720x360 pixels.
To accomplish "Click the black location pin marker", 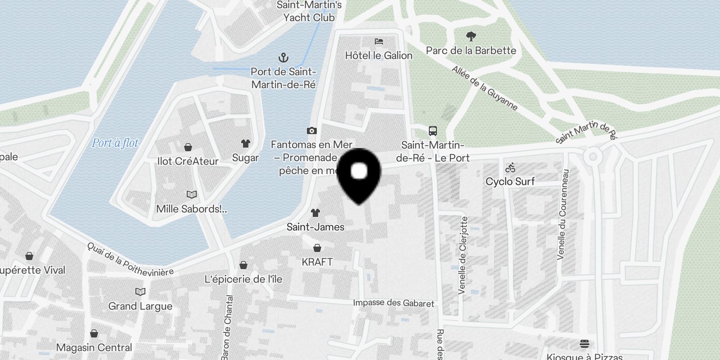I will tap(359, 173).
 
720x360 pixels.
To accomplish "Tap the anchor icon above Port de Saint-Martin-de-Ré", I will tap(283, 58).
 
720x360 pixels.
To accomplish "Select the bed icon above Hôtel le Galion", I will tap(379, 41).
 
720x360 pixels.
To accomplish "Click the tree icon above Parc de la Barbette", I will tap(471, 36).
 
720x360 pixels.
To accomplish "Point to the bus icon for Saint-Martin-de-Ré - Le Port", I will tap(433, 131).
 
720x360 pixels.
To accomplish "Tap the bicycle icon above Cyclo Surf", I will tap(510, 168).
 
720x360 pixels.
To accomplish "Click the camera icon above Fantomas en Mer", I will tap(311, 130).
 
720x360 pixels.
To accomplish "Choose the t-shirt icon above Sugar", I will tap(245, 144).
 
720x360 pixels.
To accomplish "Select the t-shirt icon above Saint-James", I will tap(315, 213).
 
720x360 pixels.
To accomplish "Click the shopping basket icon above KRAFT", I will tap(317, 247).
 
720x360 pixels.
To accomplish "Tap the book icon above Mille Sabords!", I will tap(192, 194).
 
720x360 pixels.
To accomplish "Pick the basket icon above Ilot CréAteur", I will tap(188, 147).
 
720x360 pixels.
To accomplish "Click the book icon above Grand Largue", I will tap(140, 292).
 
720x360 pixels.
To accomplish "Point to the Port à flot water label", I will tap(115, 143).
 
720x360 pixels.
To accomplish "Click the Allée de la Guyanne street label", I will tap(485, 88).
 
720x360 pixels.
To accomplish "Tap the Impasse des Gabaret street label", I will tap(393, 303).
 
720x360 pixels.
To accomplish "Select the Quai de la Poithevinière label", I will tap(130, 260).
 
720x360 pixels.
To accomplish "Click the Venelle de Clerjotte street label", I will tap(463, 256).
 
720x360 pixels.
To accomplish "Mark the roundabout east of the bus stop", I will tap(593, 157).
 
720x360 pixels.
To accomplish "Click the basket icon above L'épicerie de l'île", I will tap(243, 265).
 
